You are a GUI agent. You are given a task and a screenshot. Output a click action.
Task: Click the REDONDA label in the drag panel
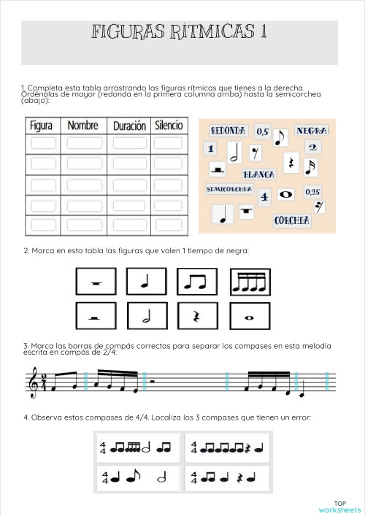click(x=228, y=131)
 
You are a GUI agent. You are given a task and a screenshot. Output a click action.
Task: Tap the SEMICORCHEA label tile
click(x=229, y=189)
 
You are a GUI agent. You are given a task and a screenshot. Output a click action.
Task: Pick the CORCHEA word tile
click(x=292, y=220)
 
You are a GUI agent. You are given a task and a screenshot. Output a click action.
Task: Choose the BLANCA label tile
click(x=258, y=175)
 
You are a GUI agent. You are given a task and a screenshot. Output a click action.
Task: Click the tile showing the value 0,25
click(x=312, y=192)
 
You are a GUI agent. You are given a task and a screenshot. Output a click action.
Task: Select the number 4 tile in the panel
click(x=264, y=196)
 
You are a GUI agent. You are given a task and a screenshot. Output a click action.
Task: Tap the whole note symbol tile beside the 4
click(x=285, y=195)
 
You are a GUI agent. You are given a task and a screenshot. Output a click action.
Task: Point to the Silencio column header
click(x=169, y=126)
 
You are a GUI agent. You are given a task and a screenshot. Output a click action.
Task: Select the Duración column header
click(x=129, y=126)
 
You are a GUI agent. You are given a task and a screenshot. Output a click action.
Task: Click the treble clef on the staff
click(x=34, y=383)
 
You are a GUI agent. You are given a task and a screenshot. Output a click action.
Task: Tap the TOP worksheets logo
click(x=339, y=507)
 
